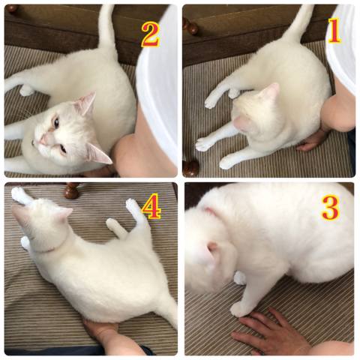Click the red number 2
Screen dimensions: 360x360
151,35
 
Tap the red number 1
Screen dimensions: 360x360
334,31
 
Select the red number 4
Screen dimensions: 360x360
151,206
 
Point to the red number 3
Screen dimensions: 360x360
330,208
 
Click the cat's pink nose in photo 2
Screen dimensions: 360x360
43,140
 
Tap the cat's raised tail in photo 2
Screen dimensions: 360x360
107,28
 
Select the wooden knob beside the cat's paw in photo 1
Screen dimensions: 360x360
191,168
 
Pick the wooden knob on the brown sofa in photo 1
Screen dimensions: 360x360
190,26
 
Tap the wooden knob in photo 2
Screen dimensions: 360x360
11,8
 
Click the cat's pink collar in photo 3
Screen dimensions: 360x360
211,211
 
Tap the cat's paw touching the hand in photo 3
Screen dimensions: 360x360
238,310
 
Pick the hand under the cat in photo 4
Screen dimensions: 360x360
100,331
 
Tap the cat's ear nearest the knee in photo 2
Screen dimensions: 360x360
99,154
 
